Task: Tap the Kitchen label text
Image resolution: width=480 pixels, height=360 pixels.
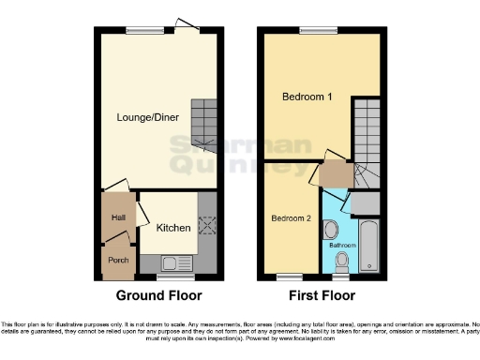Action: [173, 228]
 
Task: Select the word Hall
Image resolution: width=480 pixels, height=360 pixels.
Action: [117, 217]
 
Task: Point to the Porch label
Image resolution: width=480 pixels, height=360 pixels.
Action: [118, 261]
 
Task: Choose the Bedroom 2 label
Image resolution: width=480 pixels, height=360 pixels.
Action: [291, 218]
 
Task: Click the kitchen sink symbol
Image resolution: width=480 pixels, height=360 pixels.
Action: [174, 263]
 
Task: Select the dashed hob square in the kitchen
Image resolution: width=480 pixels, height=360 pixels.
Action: [207, 225]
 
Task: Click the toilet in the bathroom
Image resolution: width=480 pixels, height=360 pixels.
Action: [343, 260]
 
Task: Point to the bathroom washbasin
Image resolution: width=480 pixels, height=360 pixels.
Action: [330, 228]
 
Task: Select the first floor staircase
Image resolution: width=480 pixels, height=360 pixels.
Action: [367, 141]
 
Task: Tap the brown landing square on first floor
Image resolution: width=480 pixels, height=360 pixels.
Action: [332, 174]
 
